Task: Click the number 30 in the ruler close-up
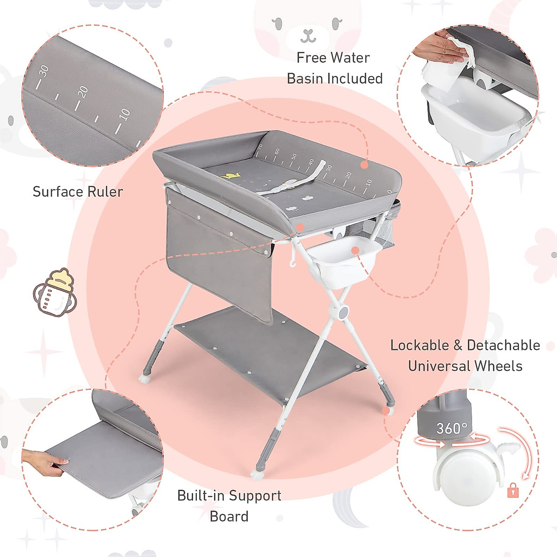coord(43,71)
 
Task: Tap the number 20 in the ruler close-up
coord(83,91)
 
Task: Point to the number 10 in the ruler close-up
coord(124,114)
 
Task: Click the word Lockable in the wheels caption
coord(420,345)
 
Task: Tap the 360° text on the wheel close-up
coord(451,428)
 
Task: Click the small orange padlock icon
coord(512,491)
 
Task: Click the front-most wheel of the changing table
coord(257,474)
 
